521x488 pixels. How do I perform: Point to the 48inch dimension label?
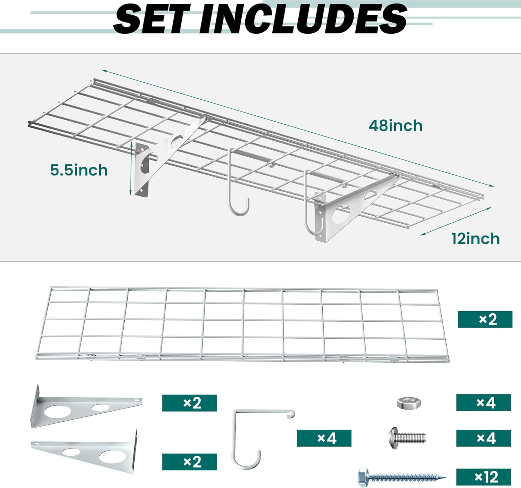[x=396, y=125]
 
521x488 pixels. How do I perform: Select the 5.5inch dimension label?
[x=79, y=170]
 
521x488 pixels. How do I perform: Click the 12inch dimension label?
[x=475, y=239]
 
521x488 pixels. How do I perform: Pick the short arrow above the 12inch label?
[x=456, y=221]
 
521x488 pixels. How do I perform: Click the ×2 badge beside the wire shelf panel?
[x=485, y=319]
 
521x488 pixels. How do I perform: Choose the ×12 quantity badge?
[x=483, y=477]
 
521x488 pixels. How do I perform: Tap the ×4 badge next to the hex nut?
[x=483, y=403]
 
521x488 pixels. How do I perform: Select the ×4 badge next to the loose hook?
[x=324, y=438]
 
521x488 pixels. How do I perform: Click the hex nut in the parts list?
[x=409, y=403]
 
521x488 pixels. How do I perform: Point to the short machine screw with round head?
[x=407, y=438]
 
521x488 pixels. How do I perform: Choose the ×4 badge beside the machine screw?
[x=483, y=438]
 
